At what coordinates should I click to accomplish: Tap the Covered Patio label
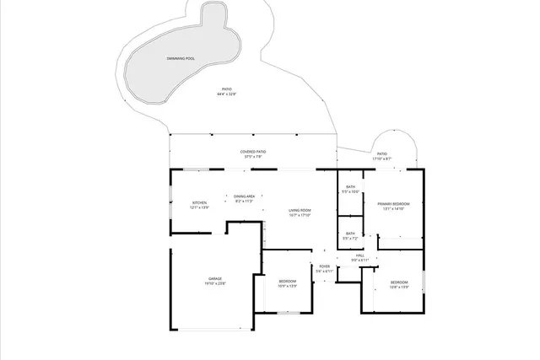point(254,152)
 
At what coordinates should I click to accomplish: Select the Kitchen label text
point(199,202)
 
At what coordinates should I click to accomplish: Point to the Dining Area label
point(245,196)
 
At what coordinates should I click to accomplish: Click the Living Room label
point(300,210)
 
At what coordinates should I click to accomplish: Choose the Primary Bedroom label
point(393,204)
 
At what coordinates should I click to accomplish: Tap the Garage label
point(215,278)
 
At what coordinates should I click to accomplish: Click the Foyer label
point(325,266)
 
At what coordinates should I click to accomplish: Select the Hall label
point(359,255)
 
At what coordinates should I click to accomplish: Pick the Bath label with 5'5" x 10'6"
point(350,187)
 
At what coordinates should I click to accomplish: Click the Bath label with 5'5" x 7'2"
point(350,234)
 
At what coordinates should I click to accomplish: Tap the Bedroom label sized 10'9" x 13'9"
point(288,281)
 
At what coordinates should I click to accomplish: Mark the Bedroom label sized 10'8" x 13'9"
point(399,282)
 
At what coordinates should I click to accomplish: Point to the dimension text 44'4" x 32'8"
point(226,94)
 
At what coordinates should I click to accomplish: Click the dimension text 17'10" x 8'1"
point(382,159)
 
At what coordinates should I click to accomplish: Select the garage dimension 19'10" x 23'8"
point(215,284)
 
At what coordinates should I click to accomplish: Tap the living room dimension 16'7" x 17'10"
point(300,215)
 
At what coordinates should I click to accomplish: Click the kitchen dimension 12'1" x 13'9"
point(199,207)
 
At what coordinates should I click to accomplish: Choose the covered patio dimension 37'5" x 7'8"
point(254,157)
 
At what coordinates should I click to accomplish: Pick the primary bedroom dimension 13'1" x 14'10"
point(393,209)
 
